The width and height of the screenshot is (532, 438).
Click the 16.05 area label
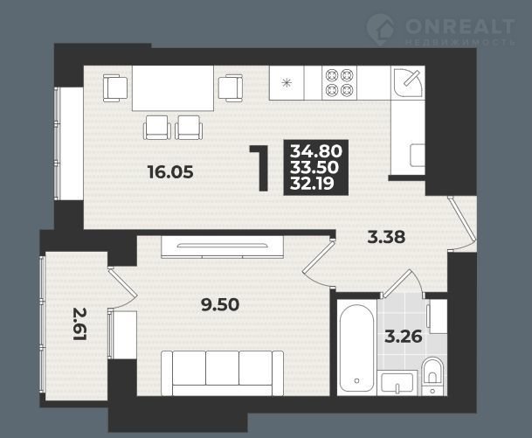tap(171, 172)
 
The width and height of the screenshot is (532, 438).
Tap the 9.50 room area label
tap(220, 304)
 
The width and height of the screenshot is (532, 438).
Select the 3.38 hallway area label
tap(387, 237)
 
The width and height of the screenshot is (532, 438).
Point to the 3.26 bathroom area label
tap(404, 337)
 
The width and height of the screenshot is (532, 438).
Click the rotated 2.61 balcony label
tap(80, 324)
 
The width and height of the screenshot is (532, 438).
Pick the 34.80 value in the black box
tap(316, 151)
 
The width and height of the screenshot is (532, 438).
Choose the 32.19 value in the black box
tap(313, 184)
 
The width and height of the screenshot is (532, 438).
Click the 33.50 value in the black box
tap(314, 167)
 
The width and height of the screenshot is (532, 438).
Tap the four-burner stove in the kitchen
tap(339, 82)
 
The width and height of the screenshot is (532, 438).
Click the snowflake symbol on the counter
tap(287, 82)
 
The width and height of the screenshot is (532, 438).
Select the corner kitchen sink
tap(409, 82)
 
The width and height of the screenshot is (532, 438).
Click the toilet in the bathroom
tap(433, 376)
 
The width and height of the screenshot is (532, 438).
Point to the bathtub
tap(357, 348)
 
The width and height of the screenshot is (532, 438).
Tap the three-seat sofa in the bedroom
tap(222, 373)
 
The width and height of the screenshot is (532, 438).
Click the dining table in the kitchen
tap(173, 88)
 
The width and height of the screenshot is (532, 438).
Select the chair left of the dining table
tap(115, 88)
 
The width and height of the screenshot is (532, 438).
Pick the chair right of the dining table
tap(231, 88)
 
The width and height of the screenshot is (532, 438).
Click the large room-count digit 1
tap(261, 168)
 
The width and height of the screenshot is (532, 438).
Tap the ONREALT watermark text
tap(460, 26)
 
